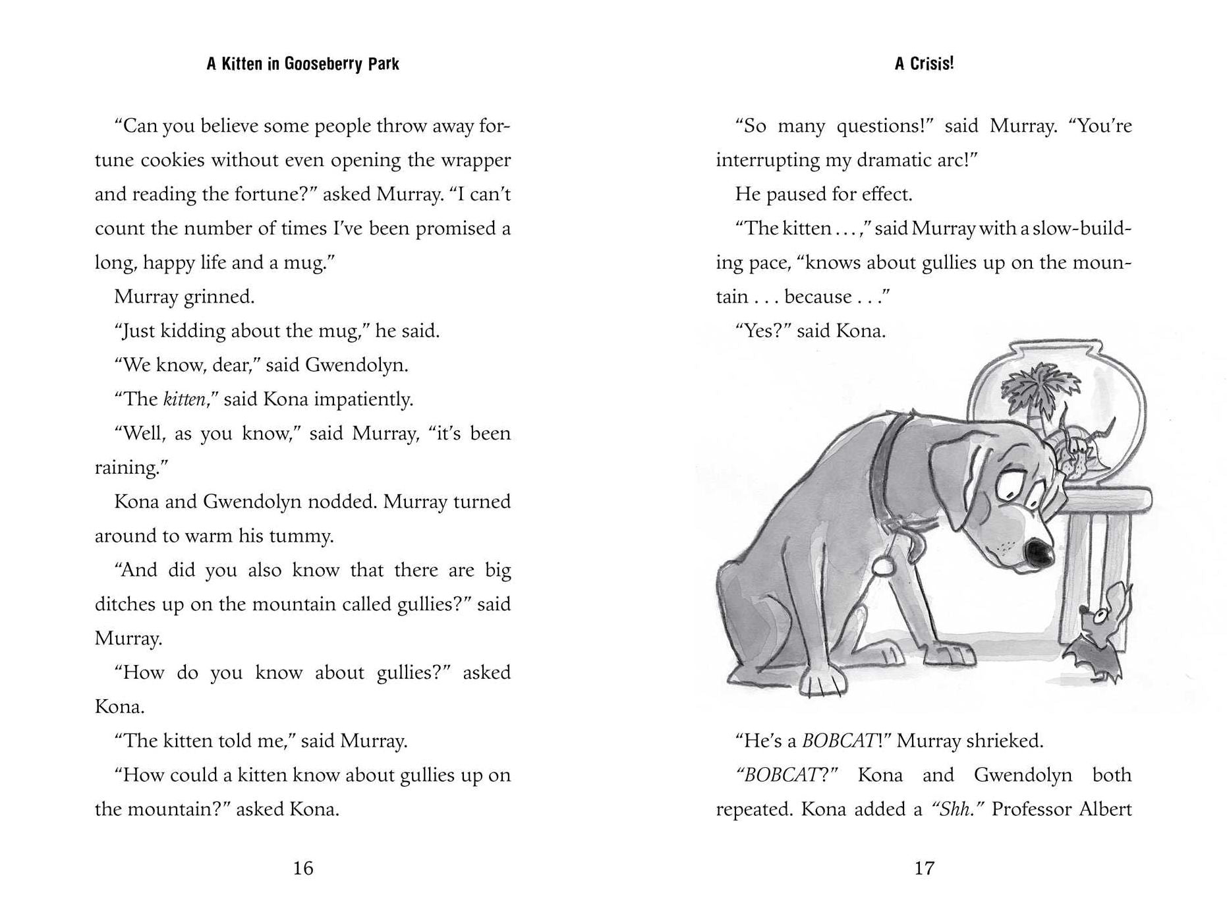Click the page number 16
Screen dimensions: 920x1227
(302, 868)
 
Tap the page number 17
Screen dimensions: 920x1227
(924, 868)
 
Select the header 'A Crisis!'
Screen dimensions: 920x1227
(924, 63)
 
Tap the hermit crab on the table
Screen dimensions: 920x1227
(1078, 455)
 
